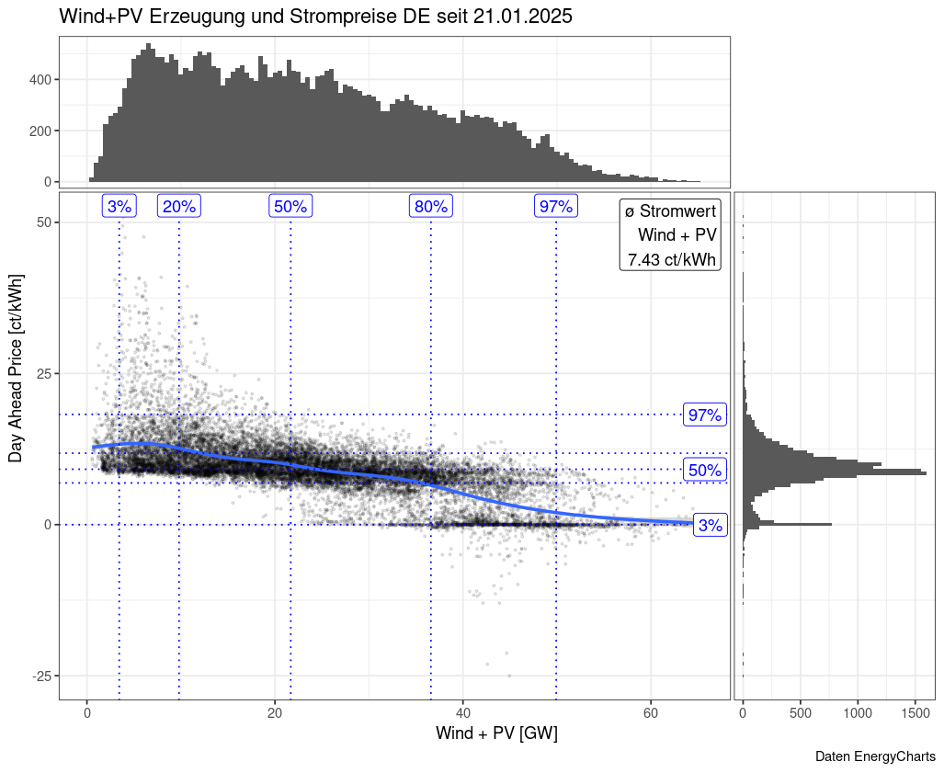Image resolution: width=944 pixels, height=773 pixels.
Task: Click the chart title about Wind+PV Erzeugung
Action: click(315, 17)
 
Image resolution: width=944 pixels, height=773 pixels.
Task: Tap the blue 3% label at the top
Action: click(119, 206)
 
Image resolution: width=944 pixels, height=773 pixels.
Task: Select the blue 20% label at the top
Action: click(179, 206)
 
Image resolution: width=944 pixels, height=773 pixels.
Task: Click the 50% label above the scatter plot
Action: click(290, 206)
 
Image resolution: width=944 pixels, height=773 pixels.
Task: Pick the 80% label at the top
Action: click(430, 206)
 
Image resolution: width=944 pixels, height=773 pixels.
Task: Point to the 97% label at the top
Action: click(556, 206)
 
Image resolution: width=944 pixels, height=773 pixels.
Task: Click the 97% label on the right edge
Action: click(705, 415)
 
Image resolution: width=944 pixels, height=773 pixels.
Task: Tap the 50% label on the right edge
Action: click(705, 471)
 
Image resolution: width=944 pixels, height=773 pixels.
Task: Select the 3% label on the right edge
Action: click(711, 526)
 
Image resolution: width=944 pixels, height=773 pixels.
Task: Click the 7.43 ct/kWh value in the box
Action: click(671, 260)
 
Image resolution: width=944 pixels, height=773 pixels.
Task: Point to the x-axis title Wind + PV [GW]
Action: click(496, 733)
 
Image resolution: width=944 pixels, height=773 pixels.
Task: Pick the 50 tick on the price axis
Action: click(43, 222)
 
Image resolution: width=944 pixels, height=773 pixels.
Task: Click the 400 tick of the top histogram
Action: click(40, 79)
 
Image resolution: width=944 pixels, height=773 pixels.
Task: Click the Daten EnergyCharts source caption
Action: click(875, 756)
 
